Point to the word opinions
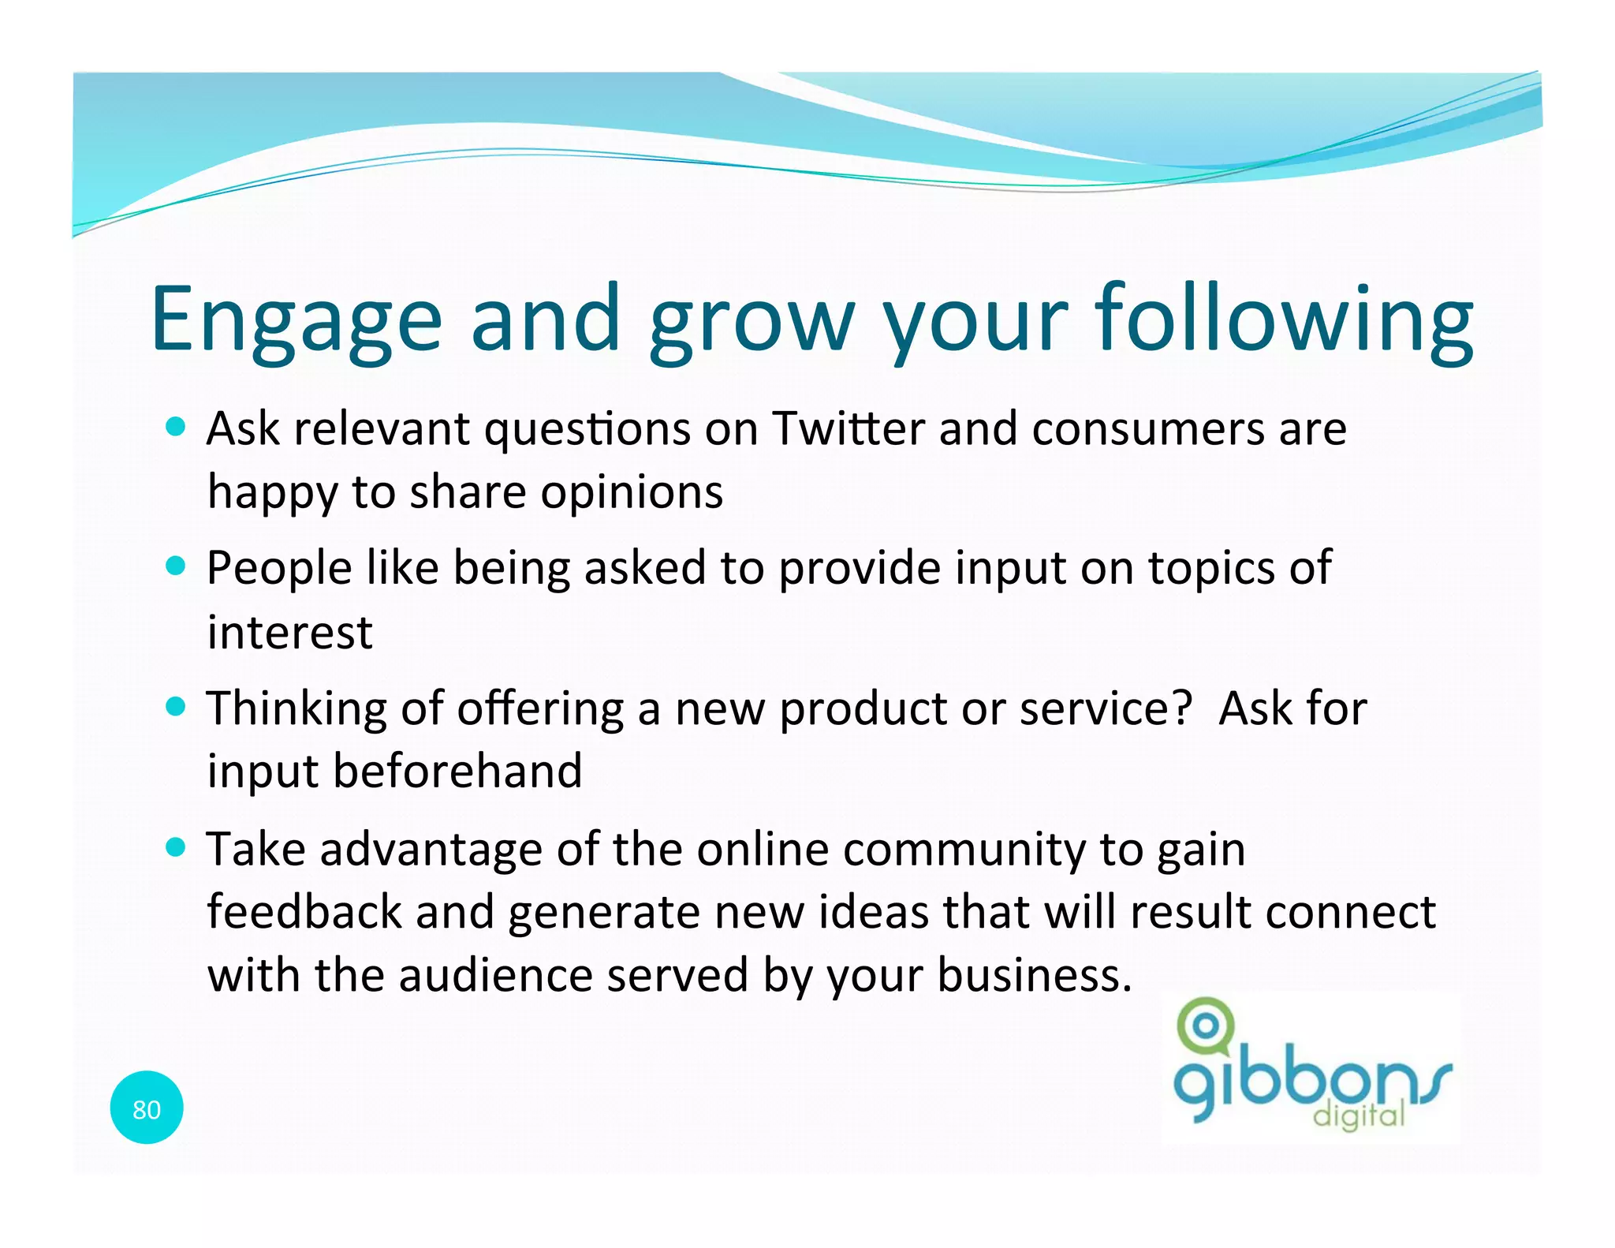[x=632, y=494]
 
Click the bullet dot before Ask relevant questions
[x=176, y=427]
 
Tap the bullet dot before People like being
[x=176, y=566]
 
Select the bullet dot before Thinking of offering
[x=176, y=705]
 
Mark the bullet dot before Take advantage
[x=176, y=847]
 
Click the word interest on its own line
[x=289, y=633]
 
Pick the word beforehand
[x=457, y=771]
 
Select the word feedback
[x=304, y=912]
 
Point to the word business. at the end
[x=1034, y=975]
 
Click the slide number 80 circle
[x=147, y=1108]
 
